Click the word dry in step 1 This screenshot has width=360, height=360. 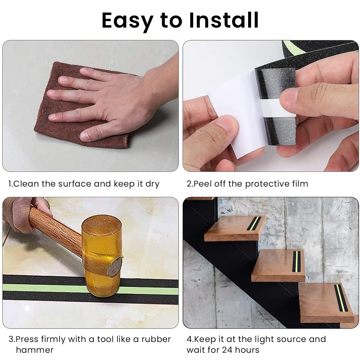pos(152,184)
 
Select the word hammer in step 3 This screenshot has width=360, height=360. pos(34,350)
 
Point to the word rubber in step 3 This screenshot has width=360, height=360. pos(156,339)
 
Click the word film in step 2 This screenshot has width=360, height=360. pos(300,184)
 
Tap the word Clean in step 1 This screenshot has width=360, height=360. pos(27,184)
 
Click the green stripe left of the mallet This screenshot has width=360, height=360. pos(42,288)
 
